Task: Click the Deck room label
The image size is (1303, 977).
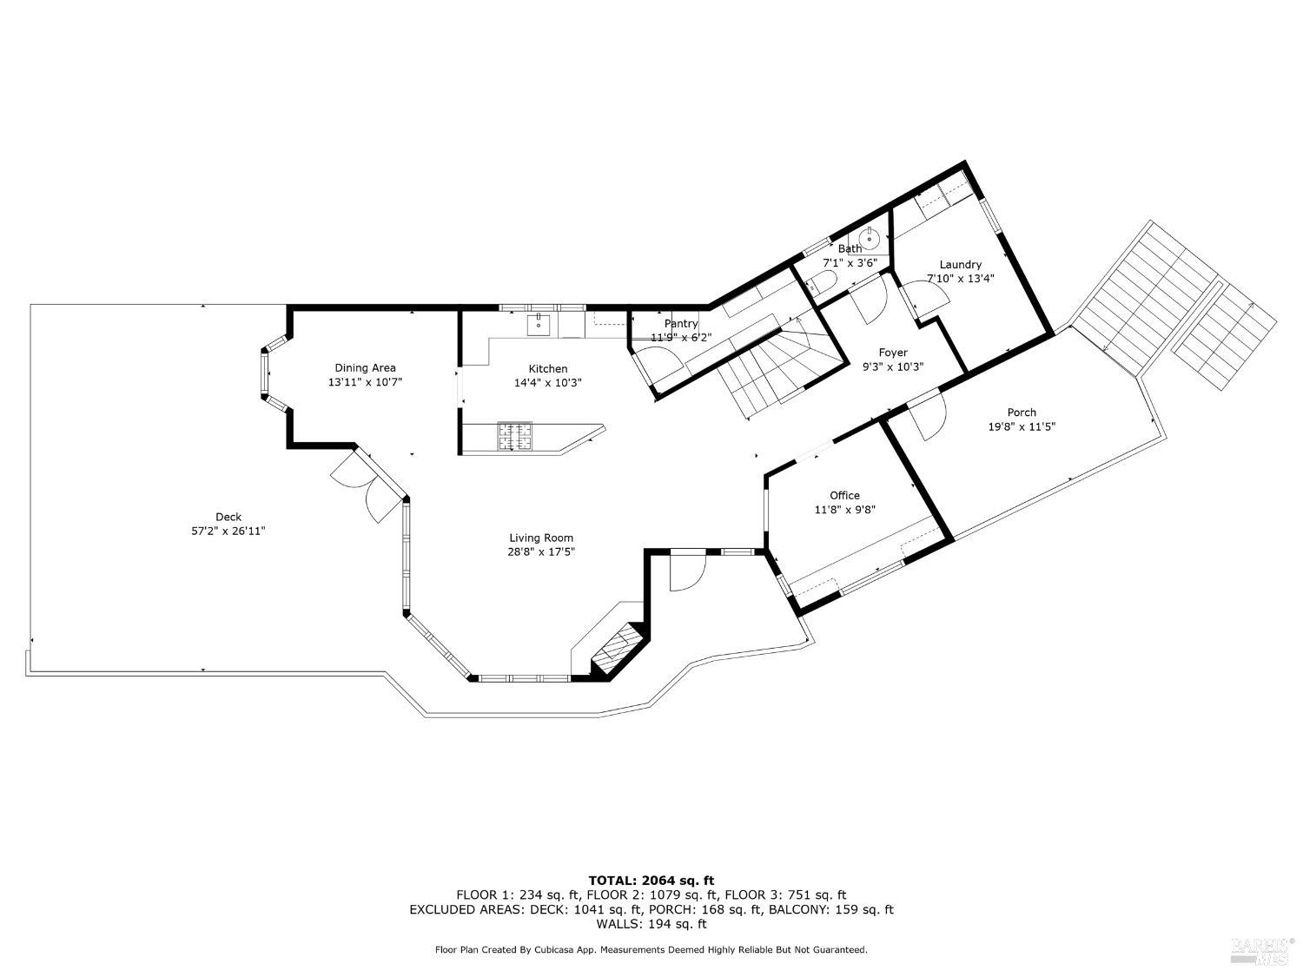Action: click(x=228, y=517)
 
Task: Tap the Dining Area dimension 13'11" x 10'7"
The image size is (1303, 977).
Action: click(x=365, y=382)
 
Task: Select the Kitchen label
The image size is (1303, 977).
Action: click(x=547, y=369)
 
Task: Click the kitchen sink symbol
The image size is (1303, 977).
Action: click(x=539, y=325)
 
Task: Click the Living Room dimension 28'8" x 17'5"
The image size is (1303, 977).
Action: click(x=541, y=551)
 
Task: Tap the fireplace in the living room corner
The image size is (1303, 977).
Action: click(x=618, y=649)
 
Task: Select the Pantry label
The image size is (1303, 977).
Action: click(x=681, y=324)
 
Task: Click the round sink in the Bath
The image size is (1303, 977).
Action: click(x=869, y=236)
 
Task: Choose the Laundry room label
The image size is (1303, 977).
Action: click(x=960, y=265)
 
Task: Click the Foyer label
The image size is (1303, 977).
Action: click(x=893, y=353)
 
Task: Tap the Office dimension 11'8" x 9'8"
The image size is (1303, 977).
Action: click(x=844, y=511)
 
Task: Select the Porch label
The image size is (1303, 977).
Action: click(x=1022, y=413)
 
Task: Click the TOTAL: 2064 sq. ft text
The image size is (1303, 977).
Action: click(x=651, y=881)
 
